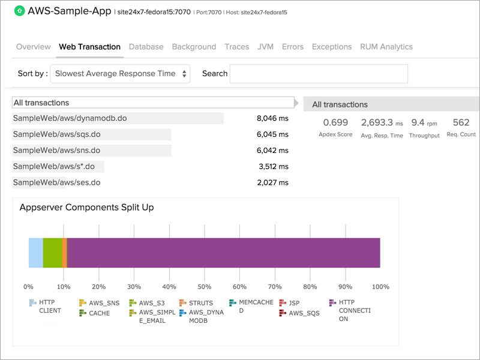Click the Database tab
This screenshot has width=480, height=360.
tap(146, 47)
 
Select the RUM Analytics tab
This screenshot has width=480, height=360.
tap(386, 47)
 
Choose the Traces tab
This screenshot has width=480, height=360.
tap(237, 47)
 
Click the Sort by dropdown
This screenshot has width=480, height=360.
tap(120, 74)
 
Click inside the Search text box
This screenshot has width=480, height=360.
tap(319, 74)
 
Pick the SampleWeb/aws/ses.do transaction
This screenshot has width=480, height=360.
tap(56, 182)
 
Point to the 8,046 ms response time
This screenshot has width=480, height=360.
tap(272, 119)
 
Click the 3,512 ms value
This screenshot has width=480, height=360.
tap(273, 167)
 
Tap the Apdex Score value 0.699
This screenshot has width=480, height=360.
tap(335, 123)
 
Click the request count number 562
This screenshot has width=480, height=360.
tap(461, 123)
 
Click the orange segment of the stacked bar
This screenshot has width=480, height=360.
tap(64, 253)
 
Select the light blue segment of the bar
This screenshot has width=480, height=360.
tap(35, 253)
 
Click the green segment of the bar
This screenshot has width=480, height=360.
tap(52, 253)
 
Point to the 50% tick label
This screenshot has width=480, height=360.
tap(205, 287)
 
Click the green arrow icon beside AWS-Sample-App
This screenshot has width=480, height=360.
tap(19, 11)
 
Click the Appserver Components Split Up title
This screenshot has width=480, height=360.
tap(87, 208)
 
